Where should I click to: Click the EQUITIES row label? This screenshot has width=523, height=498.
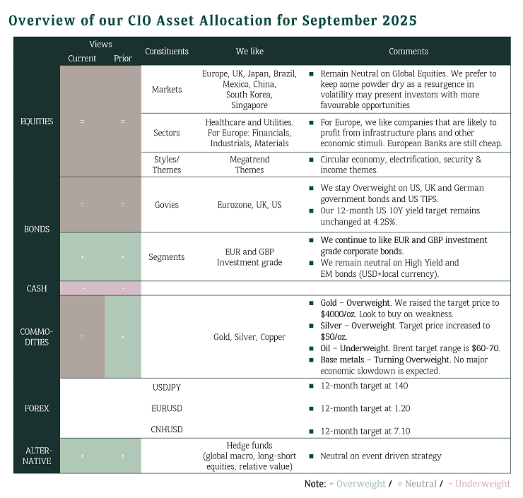click(x=36, y=121)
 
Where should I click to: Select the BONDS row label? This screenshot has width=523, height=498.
click(x=36, y=230)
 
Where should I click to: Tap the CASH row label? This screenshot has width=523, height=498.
click(x=36, y=288)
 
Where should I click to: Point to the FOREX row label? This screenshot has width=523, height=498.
click(x=36, y=408)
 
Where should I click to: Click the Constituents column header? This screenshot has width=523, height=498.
click(x=167, y=52)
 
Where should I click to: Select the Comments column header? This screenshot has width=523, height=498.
click(x=409, y=52)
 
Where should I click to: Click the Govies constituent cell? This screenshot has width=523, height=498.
click(x=167, y=205)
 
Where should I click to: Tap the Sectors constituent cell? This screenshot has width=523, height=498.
click(x=167, y=133)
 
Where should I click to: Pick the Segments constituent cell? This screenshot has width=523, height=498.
click(x=167, y=257)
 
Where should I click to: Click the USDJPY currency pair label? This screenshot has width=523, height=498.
click(x=167, y=386)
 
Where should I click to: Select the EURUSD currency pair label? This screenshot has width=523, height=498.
click(x=167, y=408)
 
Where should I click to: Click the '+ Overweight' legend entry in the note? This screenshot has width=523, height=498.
click(x=357, y=484)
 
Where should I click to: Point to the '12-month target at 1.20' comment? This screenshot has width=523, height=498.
click(x=365, y=408)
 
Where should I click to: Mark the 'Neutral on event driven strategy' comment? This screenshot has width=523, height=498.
click(x=381, y=456)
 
